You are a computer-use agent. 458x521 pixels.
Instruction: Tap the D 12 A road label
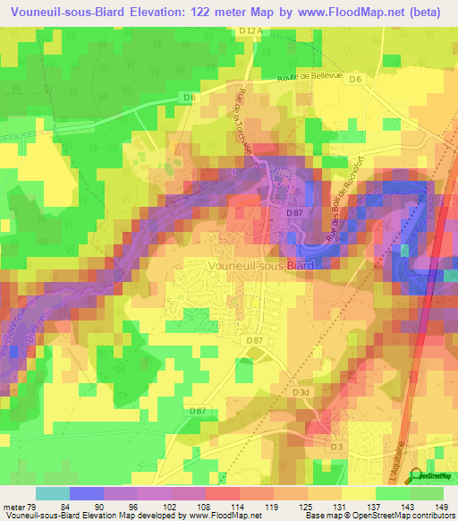[251, 30]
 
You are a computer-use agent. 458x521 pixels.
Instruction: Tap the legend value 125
[305, 508]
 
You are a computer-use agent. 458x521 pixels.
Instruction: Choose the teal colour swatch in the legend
[52, 493]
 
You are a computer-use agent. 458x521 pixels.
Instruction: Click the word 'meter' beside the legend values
[15, 508]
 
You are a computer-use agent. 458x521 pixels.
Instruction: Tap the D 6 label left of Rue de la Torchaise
[190, 96]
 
